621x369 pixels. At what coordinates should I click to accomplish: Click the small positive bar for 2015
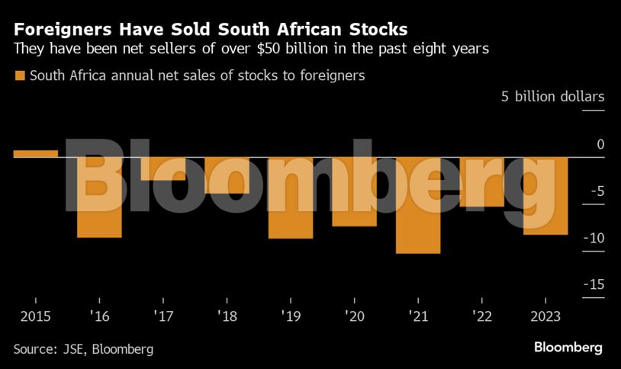(36, 153)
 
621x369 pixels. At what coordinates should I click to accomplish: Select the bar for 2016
(99, 197)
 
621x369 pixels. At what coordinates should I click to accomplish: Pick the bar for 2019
(290, 197)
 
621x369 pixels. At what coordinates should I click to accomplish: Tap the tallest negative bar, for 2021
(417, 204)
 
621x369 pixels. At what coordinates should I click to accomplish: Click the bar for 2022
(481, 181)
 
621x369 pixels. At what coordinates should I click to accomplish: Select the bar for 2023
(545, 195)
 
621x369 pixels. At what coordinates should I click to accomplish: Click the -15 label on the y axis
(594, 284)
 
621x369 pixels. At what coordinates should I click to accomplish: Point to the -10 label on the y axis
(594, 238)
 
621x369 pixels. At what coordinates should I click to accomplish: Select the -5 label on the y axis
(597, 191)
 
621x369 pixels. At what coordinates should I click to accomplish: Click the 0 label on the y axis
(600, 145)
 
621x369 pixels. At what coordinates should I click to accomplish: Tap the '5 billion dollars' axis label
(552, 97)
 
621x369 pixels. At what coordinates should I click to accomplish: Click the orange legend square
(19, 75)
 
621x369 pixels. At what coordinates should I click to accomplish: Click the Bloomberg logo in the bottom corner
(568, 348)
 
